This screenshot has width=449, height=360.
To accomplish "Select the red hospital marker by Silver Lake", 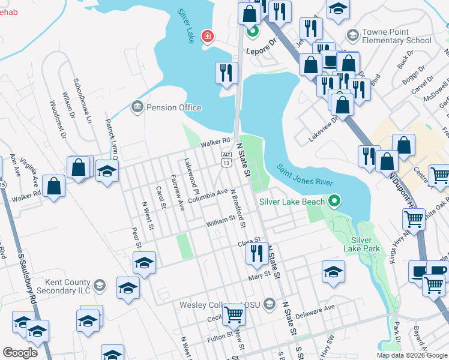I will point(208,37).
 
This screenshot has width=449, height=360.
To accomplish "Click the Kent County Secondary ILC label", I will point(63,286).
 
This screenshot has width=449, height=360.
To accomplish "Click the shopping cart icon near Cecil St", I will point(234,314).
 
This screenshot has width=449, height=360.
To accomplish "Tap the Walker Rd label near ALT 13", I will point(215,142).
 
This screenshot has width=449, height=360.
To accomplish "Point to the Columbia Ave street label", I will point(208,196).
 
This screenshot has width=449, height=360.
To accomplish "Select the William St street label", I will point(220,223).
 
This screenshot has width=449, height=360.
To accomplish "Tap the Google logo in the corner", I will point(20,353).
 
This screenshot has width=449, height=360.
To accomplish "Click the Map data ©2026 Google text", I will point(411,355).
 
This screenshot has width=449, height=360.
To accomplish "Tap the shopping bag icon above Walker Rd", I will point(54,185).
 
